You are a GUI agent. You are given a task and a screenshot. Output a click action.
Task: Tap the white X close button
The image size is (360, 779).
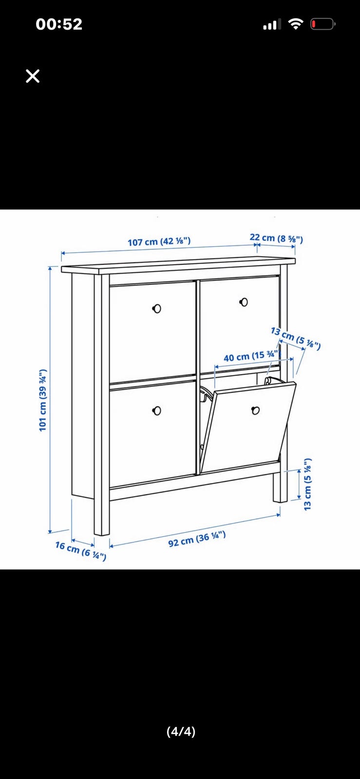33,76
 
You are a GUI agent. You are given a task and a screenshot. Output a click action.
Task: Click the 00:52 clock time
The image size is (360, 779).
59,24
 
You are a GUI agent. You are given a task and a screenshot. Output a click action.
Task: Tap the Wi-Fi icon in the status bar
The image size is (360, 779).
295,24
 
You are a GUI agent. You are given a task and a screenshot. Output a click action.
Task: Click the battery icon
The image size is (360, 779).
323,24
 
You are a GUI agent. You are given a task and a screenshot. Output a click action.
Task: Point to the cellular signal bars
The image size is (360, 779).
272,24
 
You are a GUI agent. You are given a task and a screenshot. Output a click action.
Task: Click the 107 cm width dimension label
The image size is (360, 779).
159,241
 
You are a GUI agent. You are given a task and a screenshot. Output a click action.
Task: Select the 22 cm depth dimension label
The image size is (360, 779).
276,239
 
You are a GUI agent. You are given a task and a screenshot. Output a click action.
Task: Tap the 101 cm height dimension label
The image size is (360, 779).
42,400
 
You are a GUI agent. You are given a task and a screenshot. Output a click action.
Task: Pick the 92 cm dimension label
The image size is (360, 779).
197,539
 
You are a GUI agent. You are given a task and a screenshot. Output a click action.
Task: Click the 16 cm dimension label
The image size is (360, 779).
81,551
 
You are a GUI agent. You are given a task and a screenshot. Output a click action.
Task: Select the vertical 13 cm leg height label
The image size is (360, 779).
307,484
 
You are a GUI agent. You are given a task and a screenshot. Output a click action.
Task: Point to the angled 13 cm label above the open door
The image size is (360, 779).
296,338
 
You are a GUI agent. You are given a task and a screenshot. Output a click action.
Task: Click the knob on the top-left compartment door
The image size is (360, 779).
157,308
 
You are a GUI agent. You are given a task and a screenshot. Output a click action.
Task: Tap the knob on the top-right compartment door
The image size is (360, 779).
244,302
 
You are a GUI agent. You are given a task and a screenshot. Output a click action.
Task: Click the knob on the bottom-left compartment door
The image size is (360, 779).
157,411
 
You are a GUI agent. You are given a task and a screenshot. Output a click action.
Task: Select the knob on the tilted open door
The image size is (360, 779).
255,410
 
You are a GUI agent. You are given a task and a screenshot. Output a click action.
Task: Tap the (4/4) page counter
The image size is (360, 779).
181,731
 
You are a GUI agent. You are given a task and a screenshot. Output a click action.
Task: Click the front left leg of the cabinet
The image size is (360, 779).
102,514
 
